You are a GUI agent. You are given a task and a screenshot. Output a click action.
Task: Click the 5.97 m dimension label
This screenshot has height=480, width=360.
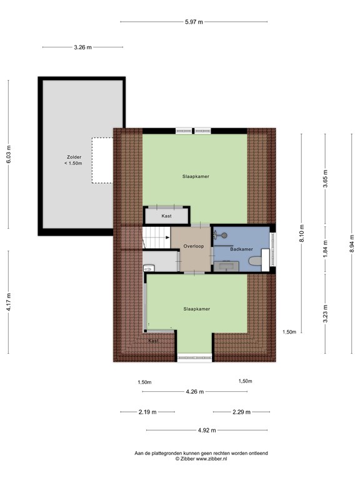[x=194, y=22]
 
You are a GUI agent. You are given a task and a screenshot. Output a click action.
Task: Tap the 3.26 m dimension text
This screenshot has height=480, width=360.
[x=82, y=47]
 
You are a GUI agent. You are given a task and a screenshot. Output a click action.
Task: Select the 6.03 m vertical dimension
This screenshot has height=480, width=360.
[x=9, y=154]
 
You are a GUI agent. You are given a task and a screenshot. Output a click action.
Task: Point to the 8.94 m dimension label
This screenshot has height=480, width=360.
[x=352, y=243]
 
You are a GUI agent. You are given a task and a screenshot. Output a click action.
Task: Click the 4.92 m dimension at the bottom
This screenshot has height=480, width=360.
[x=207, y=431]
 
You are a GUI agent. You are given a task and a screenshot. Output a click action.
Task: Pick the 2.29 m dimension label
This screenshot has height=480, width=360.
[x=241, y=412]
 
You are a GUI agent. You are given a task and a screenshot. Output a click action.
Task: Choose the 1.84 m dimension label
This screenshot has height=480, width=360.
[x=326, y=248]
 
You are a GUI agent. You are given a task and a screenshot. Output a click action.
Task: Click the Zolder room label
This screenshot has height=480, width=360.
[x=74, y=157]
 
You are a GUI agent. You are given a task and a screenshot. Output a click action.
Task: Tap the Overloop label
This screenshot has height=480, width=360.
[x=194, y=246]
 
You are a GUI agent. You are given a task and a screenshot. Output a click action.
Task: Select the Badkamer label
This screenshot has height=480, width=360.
[x=241, y=249]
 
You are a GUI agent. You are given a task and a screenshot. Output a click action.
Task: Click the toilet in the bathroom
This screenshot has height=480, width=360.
[x=256, y=261]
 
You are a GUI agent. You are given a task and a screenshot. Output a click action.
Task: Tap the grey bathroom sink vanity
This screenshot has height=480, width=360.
[x=226, y=266]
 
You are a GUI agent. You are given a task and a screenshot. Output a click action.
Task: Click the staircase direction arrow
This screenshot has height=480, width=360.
[x=167, y=237]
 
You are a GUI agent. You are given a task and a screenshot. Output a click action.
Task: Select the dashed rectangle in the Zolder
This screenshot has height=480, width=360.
[x=102, y=161]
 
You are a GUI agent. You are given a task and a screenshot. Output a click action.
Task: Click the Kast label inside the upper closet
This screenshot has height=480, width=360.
[x=166, y=216]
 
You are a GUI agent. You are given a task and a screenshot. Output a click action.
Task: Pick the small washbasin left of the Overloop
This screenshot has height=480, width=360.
[x=149, y=269]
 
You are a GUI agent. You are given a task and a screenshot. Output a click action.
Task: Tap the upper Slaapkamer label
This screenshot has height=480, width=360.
[x=196, y=177]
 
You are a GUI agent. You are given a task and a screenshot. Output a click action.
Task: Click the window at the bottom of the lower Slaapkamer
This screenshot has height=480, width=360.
[x=195, y=357]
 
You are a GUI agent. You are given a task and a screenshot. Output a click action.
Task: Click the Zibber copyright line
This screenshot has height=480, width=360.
[x=201, y=459]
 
